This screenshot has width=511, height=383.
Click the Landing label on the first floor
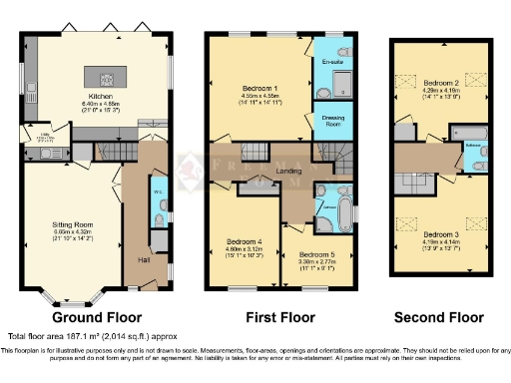click(x=288, y=171)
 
